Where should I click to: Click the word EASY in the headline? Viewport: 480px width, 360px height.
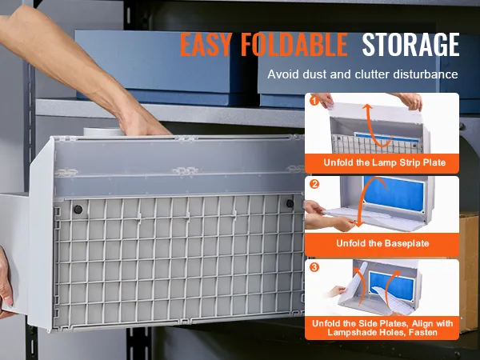coord(205,44)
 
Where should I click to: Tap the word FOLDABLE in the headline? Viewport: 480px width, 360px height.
coord(294,44)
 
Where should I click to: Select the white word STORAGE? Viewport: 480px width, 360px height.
coord(411,44)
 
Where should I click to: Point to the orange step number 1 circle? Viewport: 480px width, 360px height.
coord(314,101)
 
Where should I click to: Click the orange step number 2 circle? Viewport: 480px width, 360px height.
coord(314,184)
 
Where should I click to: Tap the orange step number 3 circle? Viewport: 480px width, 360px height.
coord(314,267)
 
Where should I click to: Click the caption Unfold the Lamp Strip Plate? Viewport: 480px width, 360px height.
coord(385,162)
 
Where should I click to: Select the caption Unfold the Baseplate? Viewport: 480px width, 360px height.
coord(382,243)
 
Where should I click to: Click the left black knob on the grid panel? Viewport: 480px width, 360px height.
coord(78,210)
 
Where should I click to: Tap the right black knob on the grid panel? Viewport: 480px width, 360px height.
coord(290,203)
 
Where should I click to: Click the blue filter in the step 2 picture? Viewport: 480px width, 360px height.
coord(394,194)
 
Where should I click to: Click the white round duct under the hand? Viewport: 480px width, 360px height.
coord(103,132)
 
